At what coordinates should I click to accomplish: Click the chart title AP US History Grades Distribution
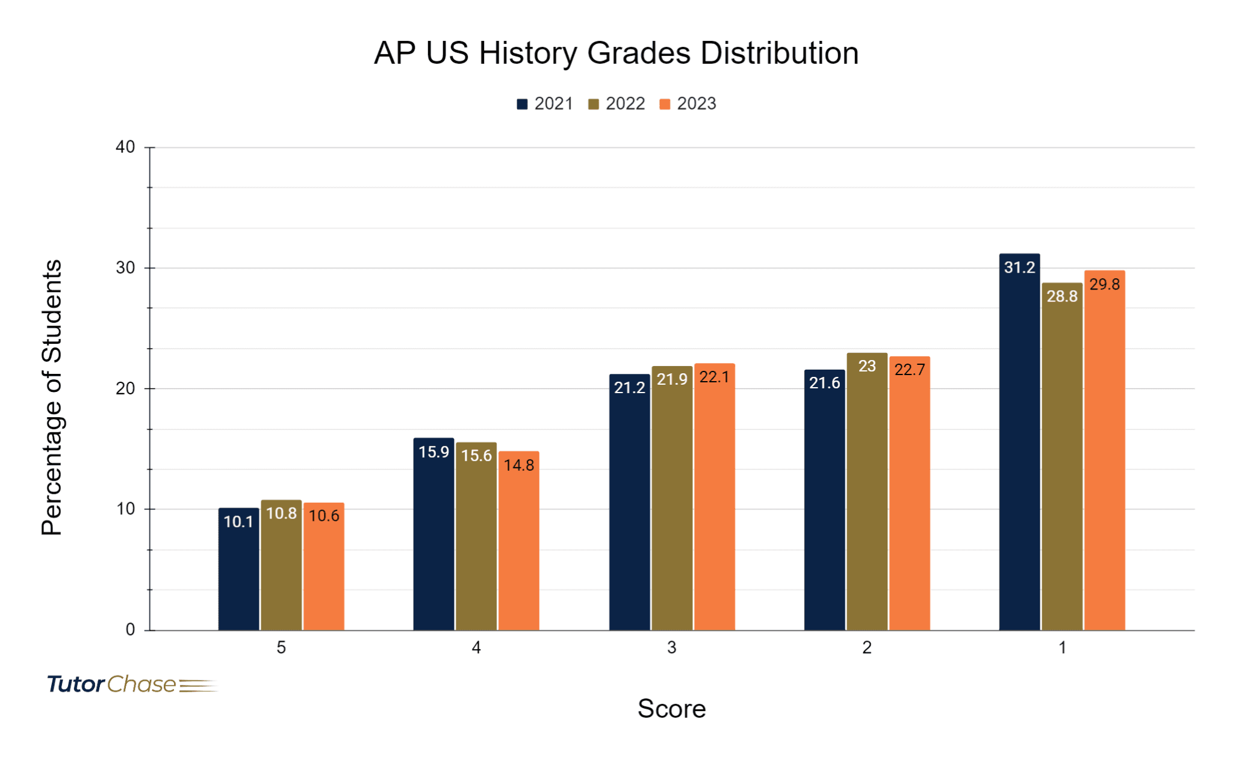click(x=616, y=53)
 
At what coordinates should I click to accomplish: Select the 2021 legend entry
click(x=545, y=104)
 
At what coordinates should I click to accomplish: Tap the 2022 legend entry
click(x=616, y=104)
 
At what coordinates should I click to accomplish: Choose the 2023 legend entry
click(x=688, y=104)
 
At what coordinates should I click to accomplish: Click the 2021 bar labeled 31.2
click(x=1019, y=446)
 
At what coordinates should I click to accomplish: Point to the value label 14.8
click(x=519, y=465)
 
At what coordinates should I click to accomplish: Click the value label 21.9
click(x=672, y=379)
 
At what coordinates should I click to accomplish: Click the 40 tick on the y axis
click(x=125, y=147)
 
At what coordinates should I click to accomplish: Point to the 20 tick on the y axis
click(x=125, y=388)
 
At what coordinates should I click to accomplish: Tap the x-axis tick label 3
click(x=672, y=648)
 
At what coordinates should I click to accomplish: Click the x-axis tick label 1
click(x=1063, y=648)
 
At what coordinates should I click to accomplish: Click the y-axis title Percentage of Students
click(x=52, y=397)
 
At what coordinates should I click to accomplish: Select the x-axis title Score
click(x=671, y=709)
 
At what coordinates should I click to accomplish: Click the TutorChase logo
click(x=131, y=685)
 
